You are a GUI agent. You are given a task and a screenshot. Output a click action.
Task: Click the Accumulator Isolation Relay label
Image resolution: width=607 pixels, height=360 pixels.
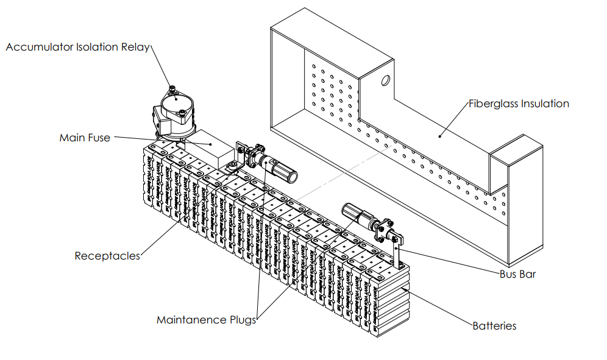pos(77,47)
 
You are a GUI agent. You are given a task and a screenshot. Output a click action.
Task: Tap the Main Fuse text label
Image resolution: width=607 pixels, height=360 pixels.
pos(85,138)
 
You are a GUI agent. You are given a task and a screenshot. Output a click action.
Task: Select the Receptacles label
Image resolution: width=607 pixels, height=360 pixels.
pos(107,256)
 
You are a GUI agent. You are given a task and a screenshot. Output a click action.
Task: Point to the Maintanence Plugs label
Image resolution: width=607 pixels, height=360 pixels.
pos(207,320)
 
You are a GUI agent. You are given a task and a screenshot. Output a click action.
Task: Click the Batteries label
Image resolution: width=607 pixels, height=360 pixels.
pos(494,326)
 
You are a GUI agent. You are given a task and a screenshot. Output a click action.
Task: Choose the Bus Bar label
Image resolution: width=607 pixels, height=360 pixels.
pos(517,274)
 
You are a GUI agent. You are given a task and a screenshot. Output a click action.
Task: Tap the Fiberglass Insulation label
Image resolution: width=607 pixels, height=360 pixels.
pos(519,104)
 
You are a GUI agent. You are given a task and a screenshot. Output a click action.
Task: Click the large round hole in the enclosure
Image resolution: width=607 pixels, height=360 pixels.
pos(386,80)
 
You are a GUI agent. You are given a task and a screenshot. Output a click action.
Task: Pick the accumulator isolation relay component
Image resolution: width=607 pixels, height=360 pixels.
pos(176,113)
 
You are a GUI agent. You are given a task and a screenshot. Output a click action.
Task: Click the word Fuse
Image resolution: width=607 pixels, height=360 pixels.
pos(98,138)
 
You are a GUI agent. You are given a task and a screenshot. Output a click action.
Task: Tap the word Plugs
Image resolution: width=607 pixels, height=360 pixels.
pos(241,320)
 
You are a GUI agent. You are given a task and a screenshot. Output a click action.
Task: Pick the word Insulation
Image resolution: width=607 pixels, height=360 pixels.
pos(545,104)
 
